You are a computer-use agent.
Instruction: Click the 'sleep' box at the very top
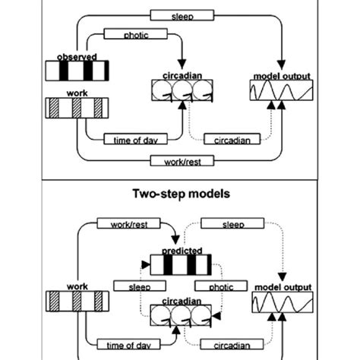pos(180,14)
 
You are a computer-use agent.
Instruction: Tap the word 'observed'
pos(76,57)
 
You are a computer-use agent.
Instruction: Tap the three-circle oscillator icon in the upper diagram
pos(179,93)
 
